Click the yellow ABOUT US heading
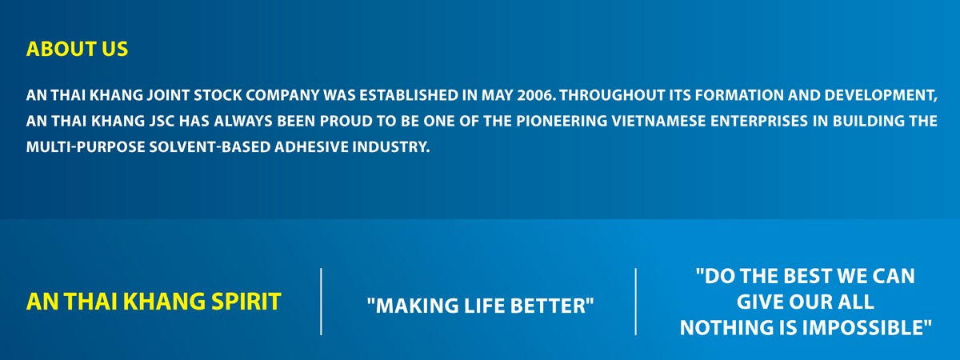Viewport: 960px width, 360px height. point(77,49)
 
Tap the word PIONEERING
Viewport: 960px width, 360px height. point(562,122)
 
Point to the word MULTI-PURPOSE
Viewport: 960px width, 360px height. point(86,147)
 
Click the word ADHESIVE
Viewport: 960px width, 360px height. point(311,147)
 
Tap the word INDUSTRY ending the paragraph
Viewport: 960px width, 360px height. point(391,147)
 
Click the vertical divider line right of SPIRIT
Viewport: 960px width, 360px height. point(321,302)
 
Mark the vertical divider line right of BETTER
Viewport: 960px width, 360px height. point(635,302)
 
